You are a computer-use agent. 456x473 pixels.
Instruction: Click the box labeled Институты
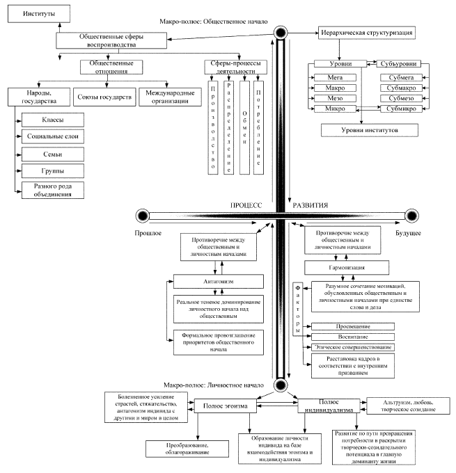pyautogui.click(x=31, y=13)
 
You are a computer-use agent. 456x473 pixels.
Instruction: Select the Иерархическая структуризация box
pyautogui.click(x=369, y=33)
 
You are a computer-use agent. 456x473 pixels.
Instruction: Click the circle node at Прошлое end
pyautogui.click(x=144, y=215)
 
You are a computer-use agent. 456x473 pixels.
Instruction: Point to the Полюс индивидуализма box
pyautogui.click(x=327, y=407)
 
